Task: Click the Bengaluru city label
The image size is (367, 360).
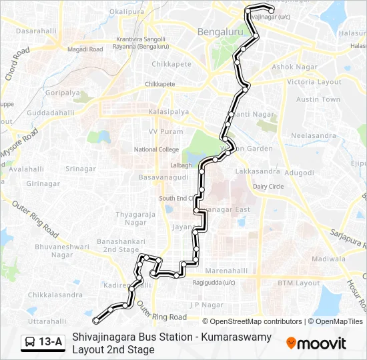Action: pyautogui.click(x=220, y=31)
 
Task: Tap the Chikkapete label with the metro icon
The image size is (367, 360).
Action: pyautogui.click(x=160, y=85)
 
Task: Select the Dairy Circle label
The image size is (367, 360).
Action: pyautogui.click(x=268, y=187)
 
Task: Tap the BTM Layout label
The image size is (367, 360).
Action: pyautogui.click(x=298, y=283)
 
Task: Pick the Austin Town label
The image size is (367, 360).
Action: pyautogui.click(x=318, y=99)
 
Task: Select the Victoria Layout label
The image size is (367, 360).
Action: pyautogui.click(x=314, y=81)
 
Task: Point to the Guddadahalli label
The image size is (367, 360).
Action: pyautogui.click(x=51, y=113)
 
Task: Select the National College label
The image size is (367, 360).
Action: pyautogui.click(x=156, y=150)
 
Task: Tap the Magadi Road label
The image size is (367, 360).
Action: pyautogui.click(x=87, y=49)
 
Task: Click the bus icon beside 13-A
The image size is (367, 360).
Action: pyautogui.click(x=30, y=342)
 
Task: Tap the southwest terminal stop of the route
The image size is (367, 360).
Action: pyautogui.click(x=97, y=322)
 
